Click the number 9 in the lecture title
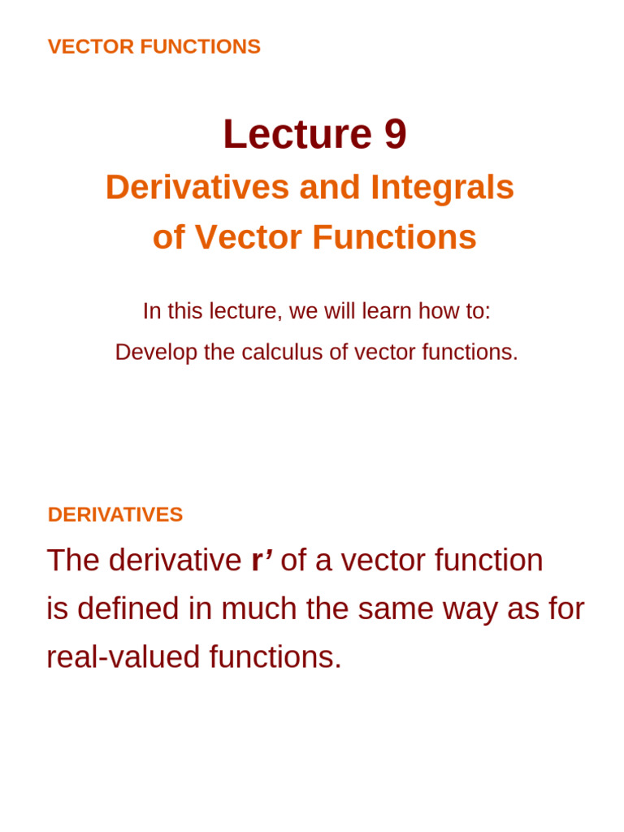click(x=395, y=135)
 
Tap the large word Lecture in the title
click(x=297, y=135)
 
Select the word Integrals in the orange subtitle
click(x=442, y=188)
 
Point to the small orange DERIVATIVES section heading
click(x=115, y=515)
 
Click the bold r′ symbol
click(x=262, y=561)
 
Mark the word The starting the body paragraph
click(x=73, y=561)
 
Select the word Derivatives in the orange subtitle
click(x=197, y=188)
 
